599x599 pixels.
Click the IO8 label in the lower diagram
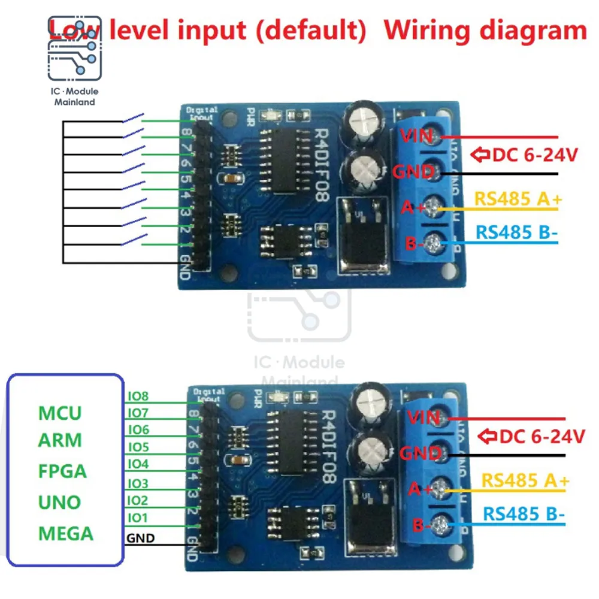(x=138, y=396)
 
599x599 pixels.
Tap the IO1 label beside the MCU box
(x=137, y=517)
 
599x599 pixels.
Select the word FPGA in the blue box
(x=62, y=471)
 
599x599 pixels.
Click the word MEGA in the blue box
(x=66, y=533)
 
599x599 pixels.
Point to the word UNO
(x=59, y=502)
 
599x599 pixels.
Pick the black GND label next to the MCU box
(x=140, y=538)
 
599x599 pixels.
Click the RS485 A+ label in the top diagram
(x=518, y=199)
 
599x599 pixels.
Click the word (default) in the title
(x=310, y=30)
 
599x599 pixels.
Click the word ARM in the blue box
(x=60, y=440)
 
